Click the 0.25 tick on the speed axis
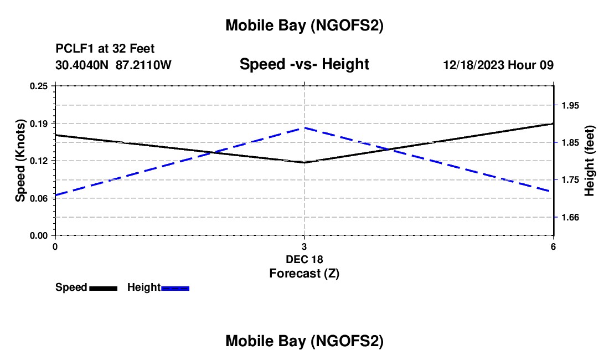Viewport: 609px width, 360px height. pos(40,86)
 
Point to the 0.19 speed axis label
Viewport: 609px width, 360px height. pos(40,123)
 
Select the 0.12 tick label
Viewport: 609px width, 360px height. pos(40,161)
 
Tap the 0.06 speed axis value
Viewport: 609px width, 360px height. pos(40,198)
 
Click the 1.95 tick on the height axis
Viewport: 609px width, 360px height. pos(571,105)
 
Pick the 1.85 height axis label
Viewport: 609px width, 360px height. pos(571,142)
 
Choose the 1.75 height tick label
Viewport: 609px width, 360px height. pos(571,180)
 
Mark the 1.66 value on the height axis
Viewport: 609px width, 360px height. pos(571,217)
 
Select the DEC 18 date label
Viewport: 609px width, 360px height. pos(304,259)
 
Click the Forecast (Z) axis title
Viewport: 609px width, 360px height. pos(304,273)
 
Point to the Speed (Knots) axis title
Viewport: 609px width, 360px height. pos(20,161)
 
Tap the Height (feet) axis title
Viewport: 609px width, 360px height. pos(590,161)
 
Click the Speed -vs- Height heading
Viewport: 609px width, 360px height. pos(304,65)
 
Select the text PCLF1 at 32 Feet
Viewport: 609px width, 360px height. pos(105,49)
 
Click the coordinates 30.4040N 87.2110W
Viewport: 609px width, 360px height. pos(113,65)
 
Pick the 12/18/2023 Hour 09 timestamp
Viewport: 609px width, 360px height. pos(498,65)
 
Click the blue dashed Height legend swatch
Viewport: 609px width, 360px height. pos(175,288)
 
